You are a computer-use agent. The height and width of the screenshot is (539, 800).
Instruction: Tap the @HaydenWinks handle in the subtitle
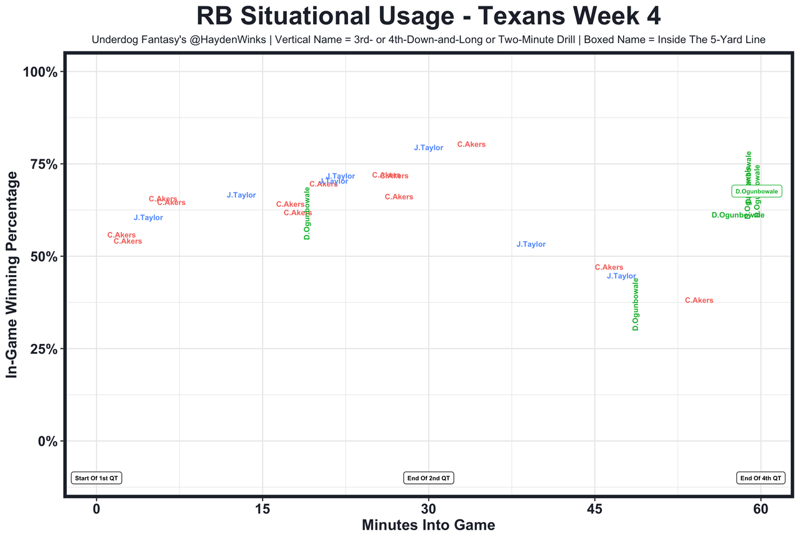(230, 40)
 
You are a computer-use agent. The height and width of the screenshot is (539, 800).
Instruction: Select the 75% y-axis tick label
(44, 164)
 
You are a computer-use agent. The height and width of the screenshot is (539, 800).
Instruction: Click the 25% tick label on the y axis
(44, 349)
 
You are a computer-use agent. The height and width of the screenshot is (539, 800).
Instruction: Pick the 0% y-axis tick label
(47, 441)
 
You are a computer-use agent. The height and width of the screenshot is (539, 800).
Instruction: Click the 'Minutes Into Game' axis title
(428, 525)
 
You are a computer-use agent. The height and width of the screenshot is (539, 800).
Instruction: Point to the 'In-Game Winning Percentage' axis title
(11, 275)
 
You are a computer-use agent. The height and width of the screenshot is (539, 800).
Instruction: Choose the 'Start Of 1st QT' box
(96, 478)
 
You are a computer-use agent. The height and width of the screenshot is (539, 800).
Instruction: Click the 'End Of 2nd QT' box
(428, 478)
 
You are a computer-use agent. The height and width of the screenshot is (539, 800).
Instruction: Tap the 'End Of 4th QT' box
(761, 478)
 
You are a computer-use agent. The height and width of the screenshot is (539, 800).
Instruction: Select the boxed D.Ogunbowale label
(756, 191)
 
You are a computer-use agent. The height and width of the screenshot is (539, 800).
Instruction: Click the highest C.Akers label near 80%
(471, 144)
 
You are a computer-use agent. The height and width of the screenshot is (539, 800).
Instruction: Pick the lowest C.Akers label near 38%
(699, 301)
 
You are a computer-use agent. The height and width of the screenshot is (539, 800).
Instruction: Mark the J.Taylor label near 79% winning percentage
(429, 148)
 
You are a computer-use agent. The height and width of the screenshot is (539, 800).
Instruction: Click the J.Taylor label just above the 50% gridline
(531, 244)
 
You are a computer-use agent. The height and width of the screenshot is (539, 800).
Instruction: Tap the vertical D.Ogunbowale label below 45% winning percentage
(636, 304)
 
